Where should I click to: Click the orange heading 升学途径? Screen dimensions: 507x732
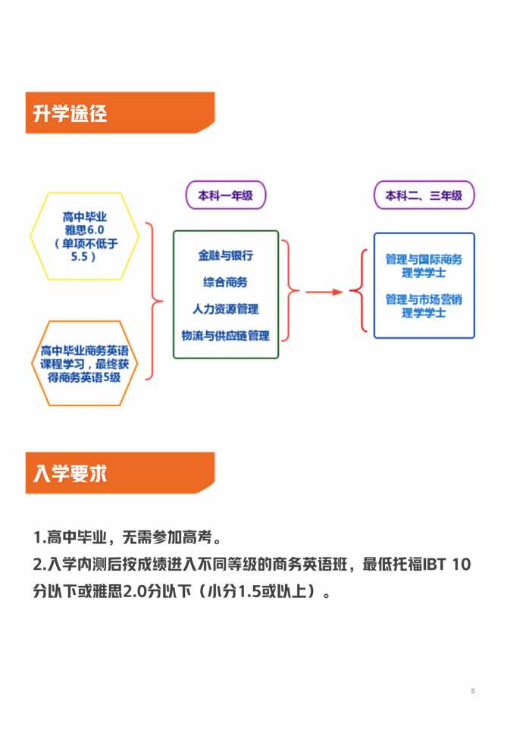coord(70,114)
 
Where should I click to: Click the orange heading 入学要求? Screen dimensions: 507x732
coord(70,474)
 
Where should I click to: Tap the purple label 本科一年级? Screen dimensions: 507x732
coord(226,196)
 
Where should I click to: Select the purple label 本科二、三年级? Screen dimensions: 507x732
coord(424,196)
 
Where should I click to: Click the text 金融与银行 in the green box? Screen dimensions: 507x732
coord(226,255)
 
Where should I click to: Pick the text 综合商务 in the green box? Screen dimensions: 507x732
coord(226,282)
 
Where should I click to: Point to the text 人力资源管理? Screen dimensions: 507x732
coord(226,308)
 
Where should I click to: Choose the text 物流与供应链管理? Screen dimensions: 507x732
coord(226,335)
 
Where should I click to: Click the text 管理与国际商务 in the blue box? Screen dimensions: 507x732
coord(424,259)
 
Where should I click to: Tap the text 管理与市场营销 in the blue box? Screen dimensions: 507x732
coord(424,299)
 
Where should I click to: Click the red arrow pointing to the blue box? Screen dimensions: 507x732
coord(324,292)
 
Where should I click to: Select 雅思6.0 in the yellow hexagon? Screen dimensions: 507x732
coord(85,230)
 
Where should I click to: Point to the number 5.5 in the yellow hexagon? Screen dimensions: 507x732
coord(80,256)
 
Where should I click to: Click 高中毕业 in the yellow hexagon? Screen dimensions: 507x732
coord(85,217)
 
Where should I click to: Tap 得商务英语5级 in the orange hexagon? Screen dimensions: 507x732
coord(85,377)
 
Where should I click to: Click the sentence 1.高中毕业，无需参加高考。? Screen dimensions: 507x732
coord(127,536)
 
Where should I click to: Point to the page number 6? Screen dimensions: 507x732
coord(473,690)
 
